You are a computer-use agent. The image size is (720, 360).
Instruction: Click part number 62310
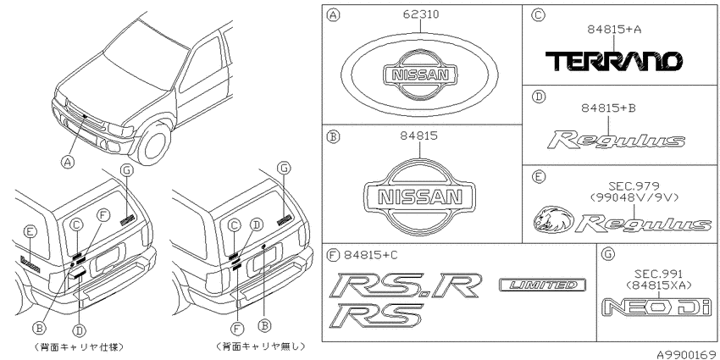pos(421,14)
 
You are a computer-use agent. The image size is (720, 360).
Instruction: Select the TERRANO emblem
pos(613,61)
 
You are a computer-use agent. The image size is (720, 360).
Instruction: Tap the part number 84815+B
pos(608,108)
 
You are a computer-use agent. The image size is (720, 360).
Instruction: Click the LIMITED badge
pos(542,285)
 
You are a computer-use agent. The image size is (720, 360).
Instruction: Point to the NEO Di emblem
pos(656,307)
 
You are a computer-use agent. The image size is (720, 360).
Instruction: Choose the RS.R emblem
pos(407,285)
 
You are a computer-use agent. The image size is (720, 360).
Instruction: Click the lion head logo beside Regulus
pos(554,219)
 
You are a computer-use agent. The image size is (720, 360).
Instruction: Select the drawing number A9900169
pos(688,354)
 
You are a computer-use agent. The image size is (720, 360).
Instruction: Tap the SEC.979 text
pos(634,186)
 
